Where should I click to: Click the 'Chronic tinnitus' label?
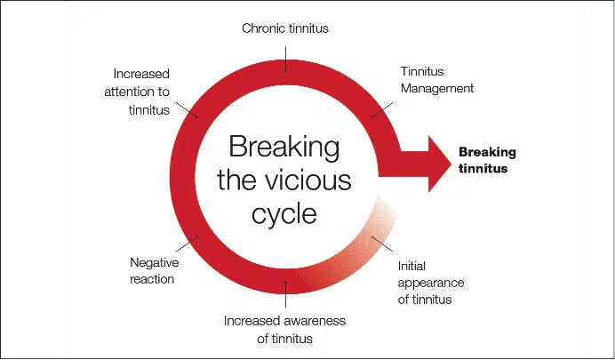285,28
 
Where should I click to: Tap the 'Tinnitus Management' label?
437,80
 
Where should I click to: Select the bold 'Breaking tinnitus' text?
487,160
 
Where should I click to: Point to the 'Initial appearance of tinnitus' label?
431,283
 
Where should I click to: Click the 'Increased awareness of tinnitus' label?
284,330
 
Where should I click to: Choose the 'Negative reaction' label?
154,270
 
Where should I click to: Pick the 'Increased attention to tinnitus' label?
137,92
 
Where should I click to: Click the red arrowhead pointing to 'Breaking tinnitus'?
439,164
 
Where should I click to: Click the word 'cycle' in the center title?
284,213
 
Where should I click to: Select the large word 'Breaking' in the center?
284,148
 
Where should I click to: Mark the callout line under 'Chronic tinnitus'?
285,60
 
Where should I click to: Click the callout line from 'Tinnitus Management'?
382,110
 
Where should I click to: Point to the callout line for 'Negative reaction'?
187,244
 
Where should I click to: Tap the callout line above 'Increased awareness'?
285,294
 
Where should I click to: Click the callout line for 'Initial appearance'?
382,244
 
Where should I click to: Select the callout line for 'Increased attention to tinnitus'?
187,110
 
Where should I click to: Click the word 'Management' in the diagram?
437,88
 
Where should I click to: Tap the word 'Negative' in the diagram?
154,262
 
